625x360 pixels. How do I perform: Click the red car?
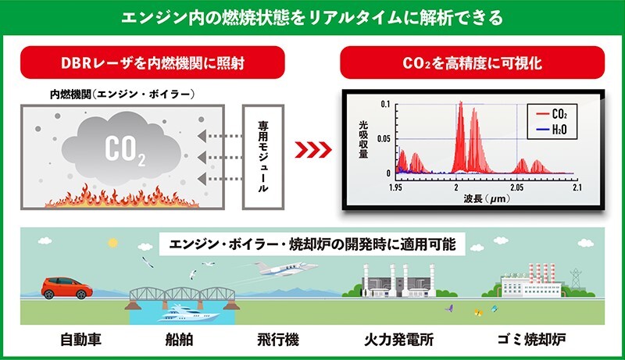pos(66,288)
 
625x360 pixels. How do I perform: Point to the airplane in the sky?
pos(285,269)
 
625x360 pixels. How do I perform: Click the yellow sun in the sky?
pos(112,243)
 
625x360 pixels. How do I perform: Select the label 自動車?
pos(80,340)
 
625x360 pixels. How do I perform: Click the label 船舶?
pos(179,340)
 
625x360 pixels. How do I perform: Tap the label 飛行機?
pos(278,340)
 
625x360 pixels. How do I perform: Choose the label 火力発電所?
pos(398,340)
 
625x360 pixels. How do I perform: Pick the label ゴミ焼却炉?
pos(531,340)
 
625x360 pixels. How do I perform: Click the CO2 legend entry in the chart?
pos(552,114)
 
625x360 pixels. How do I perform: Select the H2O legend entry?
pos(552,130)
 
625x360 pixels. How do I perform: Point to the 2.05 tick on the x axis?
pos(517,187)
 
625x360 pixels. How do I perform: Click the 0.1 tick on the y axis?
pos(385,105)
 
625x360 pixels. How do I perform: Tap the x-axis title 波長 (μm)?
pos(486,198)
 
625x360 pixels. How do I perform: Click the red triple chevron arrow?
pos(313,150)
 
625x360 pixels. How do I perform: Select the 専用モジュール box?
pos(263,157)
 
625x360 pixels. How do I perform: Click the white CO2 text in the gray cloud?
pos(125,150)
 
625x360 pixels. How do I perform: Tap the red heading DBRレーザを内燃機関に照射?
pos(152,62)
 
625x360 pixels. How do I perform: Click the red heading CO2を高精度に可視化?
pos(473,62)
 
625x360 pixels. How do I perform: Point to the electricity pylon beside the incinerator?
pos(576,278)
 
